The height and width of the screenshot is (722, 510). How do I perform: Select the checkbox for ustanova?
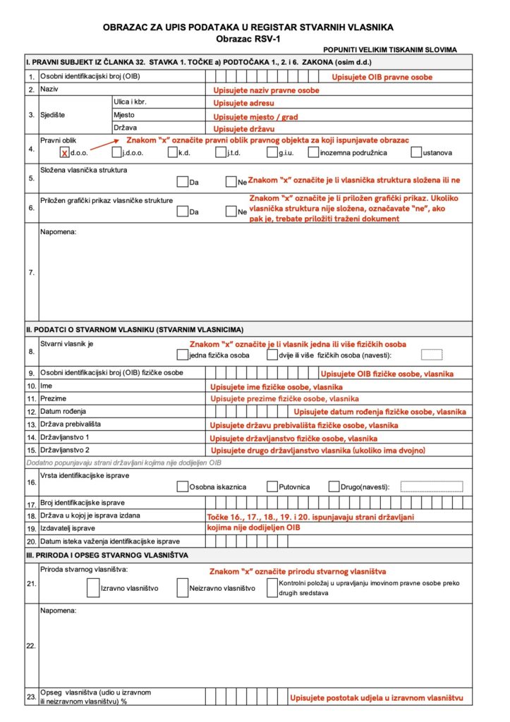pos(416,152)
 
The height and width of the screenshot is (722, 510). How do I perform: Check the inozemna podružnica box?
pos(313,152)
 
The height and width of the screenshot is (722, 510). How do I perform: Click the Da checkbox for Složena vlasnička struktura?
pos(182,182)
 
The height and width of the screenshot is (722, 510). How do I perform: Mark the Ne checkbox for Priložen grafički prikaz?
pos(231,211)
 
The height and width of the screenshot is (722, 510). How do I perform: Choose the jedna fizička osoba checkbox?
pos(182,355)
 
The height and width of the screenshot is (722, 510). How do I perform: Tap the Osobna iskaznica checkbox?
pos(182,487)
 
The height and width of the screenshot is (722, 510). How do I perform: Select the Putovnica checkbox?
pos(272,487)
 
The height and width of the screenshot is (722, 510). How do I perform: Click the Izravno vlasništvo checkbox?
pos(93,587)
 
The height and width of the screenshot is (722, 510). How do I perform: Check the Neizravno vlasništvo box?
pos(183,587)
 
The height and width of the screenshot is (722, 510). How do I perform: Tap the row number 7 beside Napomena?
pos(31,272)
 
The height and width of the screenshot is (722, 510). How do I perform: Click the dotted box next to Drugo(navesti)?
pos(432,487)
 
